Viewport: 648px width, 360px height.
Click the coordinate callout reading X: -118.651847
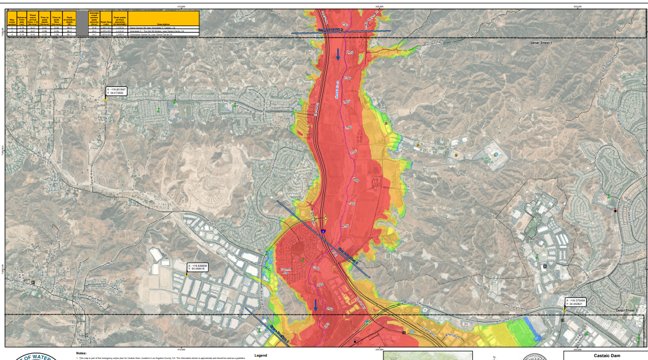(117, 91)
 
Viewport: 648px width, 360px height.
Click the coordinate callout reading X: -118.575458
(576, 301)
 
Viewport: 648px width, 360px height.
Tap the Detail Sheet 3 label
(627, 311)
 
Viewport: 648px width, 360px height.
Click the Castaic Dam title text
(605, 354)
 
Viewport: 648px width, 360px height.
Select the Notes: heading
(81, 353)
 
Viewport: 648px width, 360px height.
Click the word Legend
(261, 355)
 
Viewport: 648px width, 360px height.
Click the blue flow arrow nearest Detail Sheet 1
(339, 55)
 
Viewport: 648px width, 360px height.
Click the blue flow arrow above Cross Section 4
(316, 305)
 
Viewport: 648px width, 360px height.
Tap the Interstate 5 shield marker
(322, 231)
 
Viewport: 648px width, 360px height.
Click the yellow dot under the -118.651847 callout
(105, 100)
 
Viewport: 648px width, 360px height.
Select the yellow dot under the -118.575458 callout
(564, 310)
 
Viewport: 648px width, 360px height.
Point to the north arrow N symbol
(494, 357)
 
